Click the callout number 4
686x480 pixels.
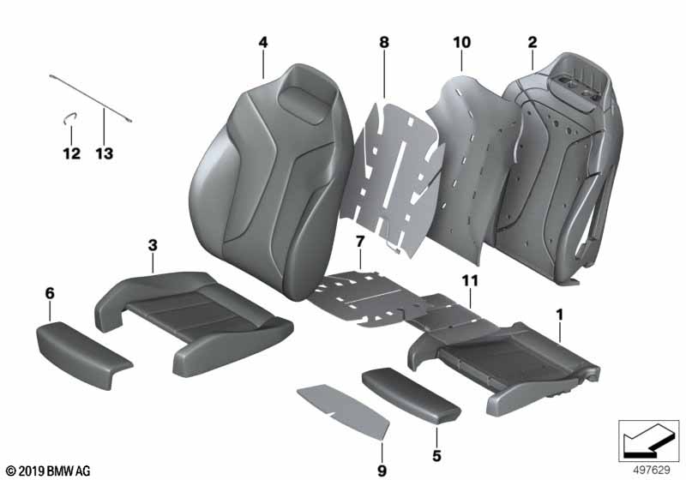tap(263, 42)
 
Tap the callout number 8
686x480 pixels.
tap(383, 42)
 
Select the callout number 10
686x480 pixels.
tap(461, 42)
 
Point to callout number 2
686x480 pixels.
tap(532, 42)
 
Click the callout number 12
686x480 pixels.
tap(72, 153)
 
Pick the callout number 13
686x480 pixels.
tap(104, 153)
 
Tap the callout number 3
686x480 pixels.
tap(153, 245)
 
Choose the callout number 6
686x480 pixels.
tap(50, 293)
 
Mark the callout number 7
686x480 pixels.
tap(359, 242)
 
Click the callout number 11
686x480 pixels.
tap(470, 280)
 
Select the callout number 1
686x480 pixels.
tap(559, 315)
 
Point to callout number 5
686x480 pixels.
tap(436, 456)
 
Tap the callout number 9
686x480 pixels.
tap(382, 471)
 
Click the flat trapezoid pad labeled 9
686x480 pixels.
tap(346, 411)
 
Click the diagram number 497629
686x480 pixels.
tap(652, 470)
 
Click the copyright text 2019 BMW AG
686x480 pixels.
tap(48, 471)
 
